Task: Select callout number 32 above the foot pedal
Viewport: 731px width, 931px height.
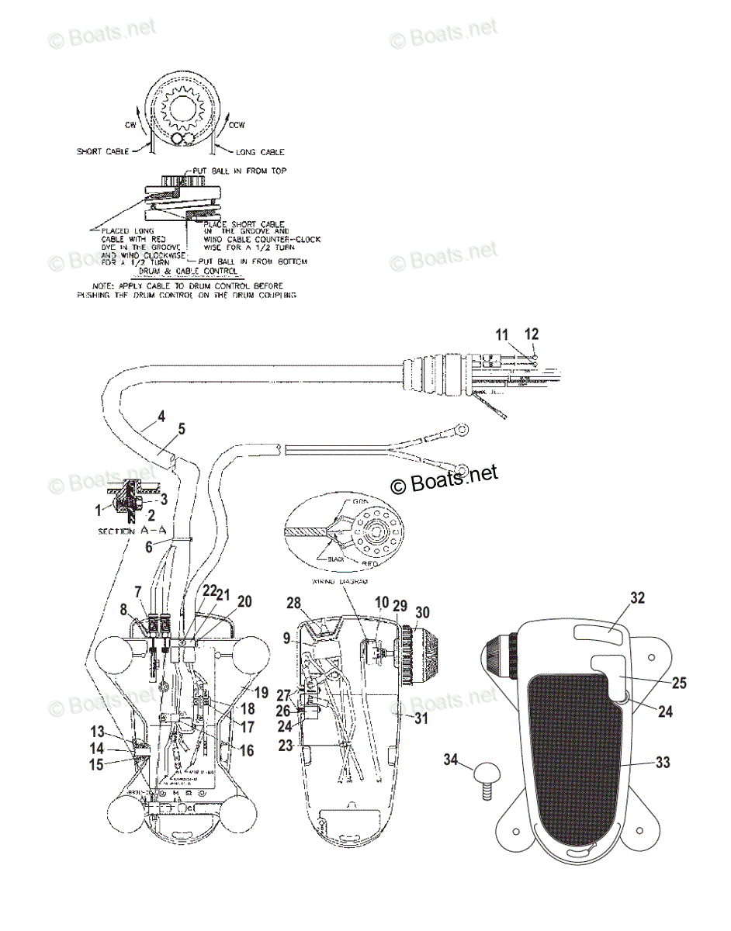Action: pos(637,598)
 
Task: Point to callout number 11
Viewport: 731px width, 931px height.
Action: pos(503,334)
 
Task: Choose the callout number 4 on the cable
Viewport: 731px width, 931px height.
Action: pos(161,417)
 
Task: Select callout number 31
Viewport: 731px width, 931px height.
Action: pos(420,718)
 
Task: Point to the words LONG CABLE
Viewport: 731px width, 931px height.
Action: pos(260,152)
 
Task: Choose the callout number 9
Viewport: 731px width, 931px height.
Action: pos(286,639)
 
